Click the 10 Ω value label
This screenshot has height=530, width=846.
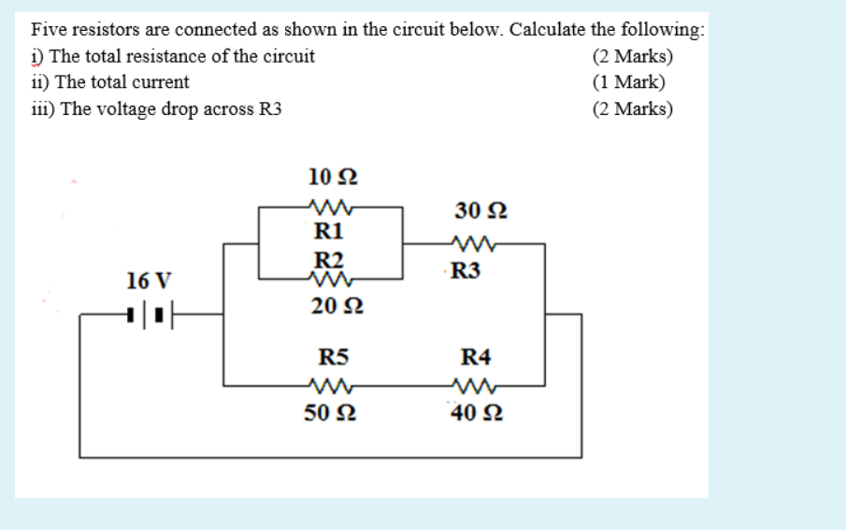click(331, 176)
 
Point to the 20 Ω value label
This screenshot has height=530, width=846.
click(331, 307)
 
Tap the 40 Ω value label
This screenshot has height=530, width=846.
click(477, 412)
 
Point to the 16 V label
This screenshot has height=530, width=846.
click(150, 280)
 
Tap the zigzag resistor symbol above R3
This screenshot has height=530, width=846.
click(475, 246)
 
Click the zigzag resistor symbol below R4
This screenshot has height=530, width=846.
click(477, 385)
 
